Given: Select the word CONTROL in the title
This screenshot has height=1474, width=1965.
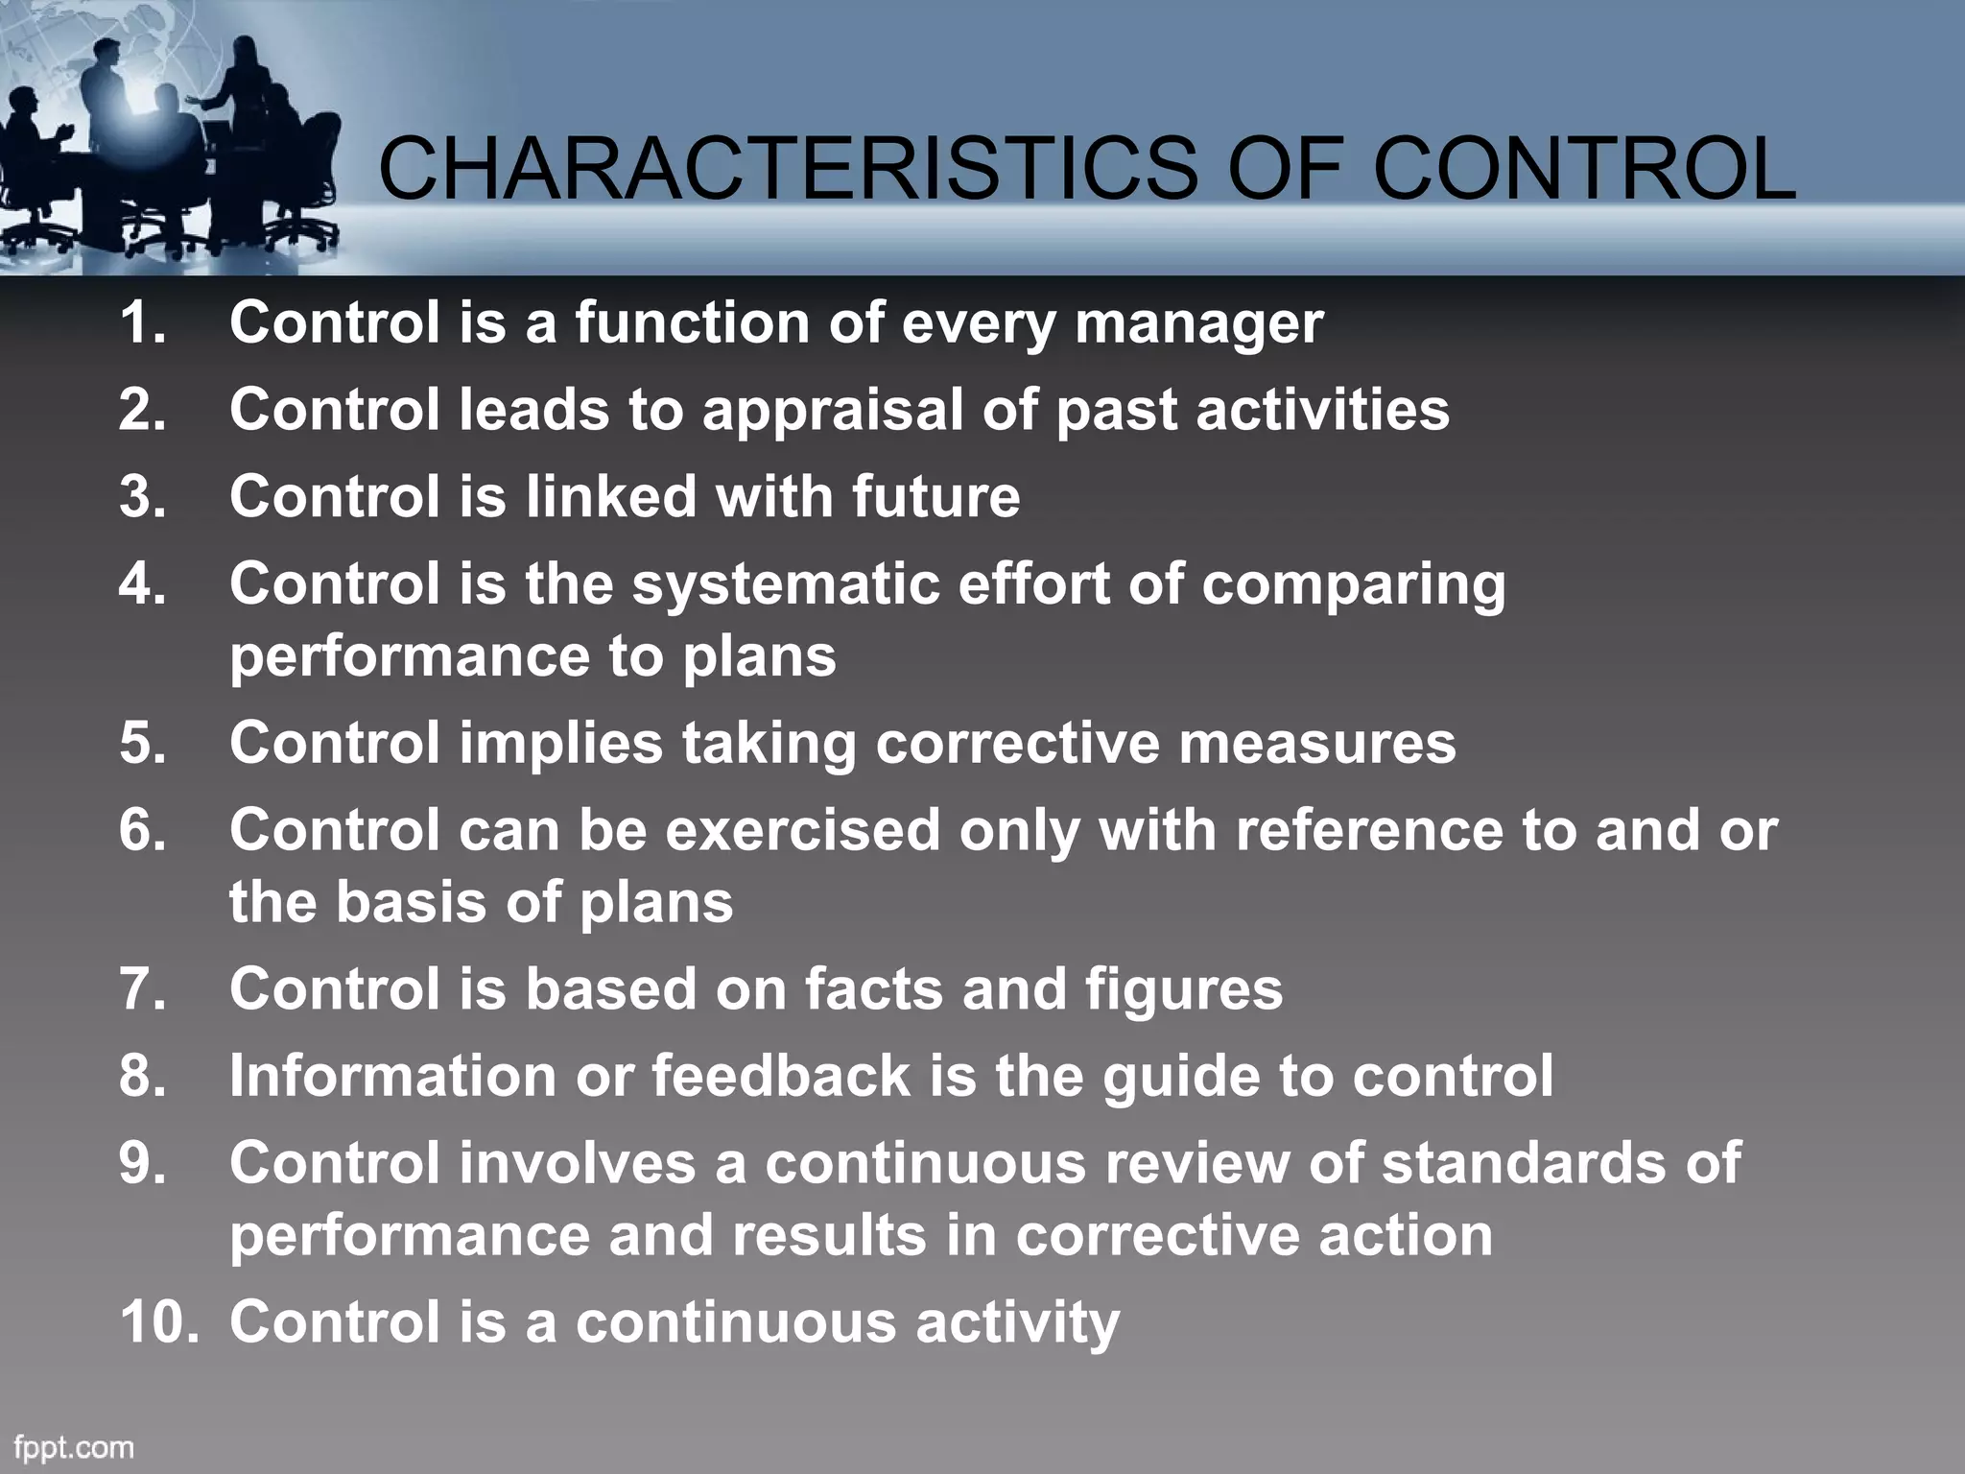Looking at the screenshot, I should [1584, 169].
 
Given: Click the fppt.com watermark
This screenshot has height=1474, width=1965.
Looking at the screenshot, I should [74, 1446].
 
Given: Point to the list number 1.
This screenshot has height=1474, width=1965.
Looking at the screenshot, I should [142, 322].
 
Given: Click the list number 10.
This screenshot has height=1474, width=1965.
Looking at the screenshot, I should [158, 1321].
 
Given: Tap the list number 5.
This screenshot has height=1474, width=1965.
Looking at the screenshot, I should [142, 744].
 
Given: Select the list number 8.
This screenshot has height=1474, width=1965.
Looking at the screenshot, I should [142, 1076].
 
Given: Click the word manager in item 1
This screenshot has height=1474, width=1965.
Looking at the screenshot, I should [1198, 324].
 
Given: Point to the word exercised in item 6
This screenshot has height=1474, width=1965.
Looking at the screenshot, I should [802, 830].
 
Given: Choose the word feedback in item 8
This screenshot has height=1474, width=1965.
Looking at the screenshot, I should [781, 1076].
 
